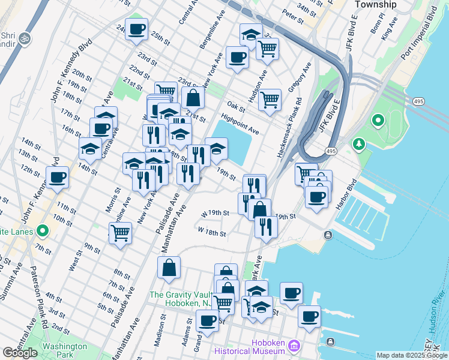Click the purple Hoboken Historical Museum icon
(294, 346)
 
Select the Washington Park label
(65, 346)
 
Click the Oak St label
(236, 107)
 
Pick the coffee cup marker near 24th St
(136, 29)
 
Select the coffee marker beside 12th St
(58, 178)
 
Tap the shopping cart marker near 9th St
(121, 232)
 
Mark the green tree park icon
(359, 144)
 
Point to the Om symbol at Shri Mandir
(25, 38)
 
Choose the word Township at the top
(376, 4)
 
